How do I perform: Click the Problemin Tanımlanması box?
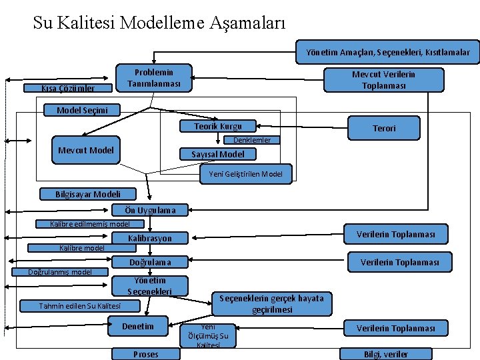pyautogui.click(x=154, y=78)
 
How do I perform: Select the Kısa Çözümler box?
pyautogui.click(x=67, y=88)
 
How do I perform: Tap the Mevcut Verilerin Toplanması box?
pyautogui.click(x=383, y=79)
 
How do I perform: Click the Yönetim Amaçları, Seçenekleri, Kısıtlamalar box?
pyautogui.click(x=388, y=52)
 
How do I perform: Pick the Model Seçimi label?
pyautogui.click(x=79, y=110)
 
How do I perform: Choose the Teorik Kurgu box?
pyautogui.click(x=218, y=126)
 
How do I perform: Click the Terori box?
pyautogui.click(x=384, y=127)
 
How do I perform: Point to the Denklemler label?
pyautogui.click(x=252, y=140)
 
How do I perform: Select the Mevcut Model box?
pyautogui.click(x=85, y=150)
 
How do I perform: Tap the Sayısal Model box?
pyautogui.click(x=217, y=154)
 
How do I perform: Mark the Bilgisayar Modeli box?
pyautogui.click(x=89, y=194)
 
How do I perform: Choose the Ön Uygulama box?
pyautogui.click(x=150, y=210)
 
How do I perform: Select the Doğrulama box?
pyautogui.click(x=150, y=262)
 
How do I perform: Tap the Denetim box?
pyautogui.click(x=138, y=326)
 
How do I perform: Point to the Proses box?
pyautogui.click(x=146, y=354)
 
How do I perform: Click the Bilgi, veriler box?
pyautogui.click(x=386, y=354)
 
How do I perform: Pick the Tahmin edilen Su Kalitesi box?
pyautogui.click(x=80, y=306)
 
